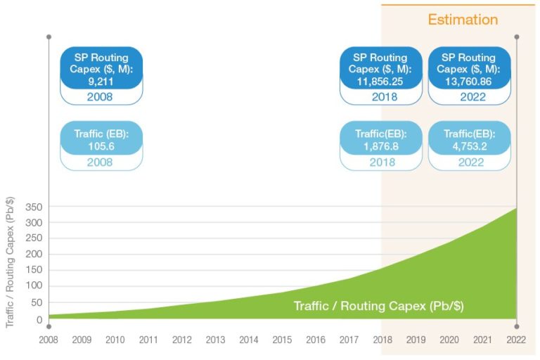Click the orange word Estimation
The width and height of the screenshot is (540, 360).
click(x=463, y=20)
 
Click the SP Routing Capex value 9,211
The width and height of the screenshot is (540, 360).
click(x=101, y=82)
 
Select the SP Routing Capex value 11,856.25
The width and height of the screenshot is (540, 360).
click(x=380, y=82)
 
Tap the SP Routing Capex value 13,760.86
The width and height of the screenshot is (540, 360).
click(x=469, y=82)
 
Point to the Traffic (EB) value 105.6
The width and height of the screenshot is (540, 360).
click(x=101, y=146)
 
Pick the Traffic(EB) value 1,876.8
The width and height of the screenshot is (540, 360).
click(x=380, y=146)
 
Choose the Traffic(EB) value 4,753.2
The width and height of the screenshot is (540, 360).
click(x=469, y=146)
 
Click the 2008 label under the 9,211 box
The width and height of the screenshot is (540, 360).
click(x=101, y=97)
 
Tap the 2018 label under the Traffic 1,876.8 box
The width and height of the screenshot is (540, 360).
click(x=380, y=162)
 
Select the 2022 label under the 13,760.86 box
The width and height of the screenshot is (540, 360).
click(x=469, y=97)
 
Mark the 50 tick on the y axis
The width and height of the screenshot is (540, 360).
click(x=34, y=302)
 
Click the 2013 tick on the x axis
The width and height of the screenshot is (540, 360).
click(x=215, y=340)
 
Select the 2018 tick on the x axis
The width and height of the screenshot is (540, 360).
click(x=382, y=340)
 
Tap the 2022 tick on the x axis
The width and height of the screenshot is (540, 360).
click(x=516, y=340)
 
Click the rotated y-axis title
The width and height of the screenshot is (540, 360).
click(x=10, y=266)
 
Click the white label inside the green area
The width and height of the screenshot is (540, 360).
click(x=378, y=307)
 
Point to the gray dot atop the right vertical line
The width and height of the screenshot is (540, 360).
click(x=517, y=36)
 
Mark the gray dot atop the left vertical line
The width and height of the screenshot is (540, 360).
click(x=49, y=36)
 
